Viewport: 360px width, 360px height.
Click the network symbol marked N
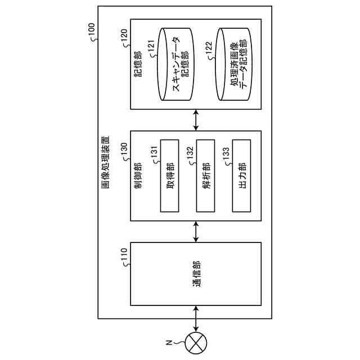(196, 343)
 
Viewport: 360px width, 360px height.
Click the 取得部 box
(170, 176)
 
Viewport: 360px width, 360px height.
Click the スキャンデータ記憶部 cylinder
(175, 64)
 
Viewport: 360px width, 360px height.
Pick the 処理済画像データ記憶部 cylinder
(233, 64)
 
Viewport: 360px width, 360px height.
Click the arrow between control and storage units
(196, 120)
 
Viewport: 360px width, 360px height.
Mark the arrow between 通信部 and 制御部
(196, 231)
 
